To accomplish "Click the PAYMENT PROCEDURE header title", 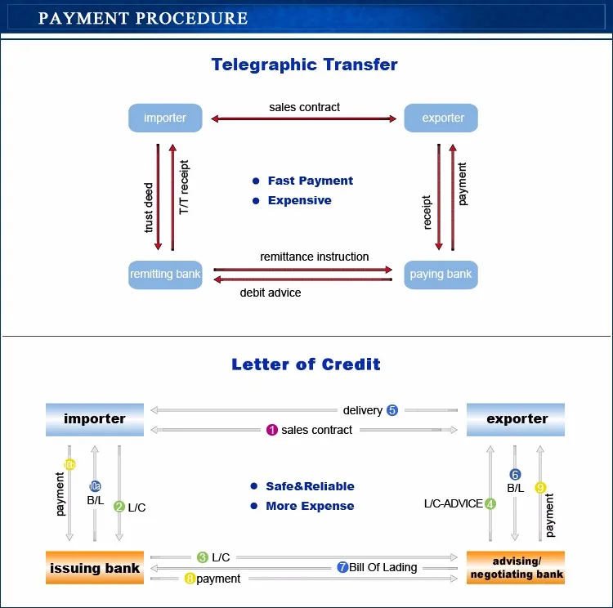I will point(143,18).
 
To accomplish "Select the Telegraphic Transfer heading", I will point(305,65).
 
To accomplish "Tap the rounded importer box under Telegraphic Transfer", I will point(165,118).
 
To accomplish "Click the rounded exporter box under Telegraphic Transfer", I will point(442,118).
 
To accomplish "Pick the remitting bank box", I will point(165,275).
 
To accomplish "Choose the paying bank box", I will point(441,275).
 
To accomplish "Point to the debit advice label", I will point(270,293).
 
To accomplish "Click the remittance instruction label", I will point(314,257).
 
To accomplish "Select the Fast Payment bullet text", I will point(311,181).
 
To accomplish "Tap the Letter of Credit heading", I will point(306,364).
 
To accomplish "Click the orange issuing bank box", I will point(95,568).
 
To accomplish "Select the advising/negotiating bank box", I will point(517,568).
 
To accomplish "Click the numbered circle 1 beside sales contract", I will point(272,430).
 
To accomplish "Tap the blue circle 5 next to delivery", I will point(392,410).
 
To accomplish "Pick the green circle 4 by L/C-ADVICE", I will point(490,503).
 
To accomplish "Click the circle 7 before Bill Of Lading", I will point(342,567).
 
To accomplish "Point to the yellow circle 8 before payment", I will point(190,579).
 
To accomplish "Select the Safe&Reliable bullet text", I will point(310,486).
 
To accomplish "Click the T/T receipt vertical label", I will point(184,187).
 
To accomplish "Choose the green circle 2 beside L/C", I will point(119,507).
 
